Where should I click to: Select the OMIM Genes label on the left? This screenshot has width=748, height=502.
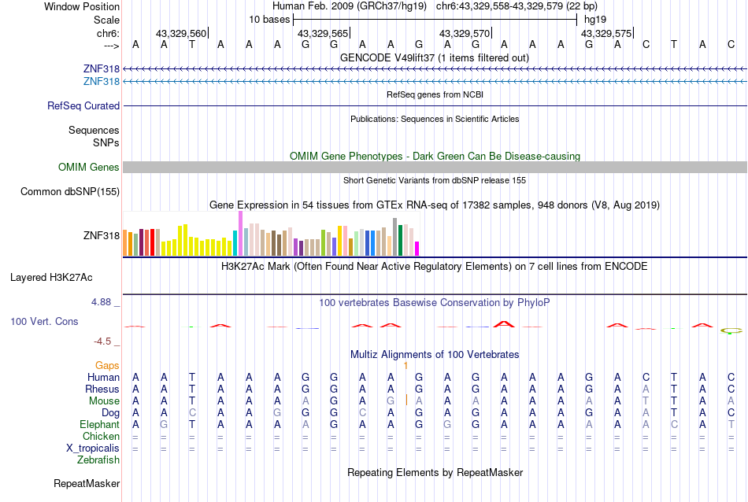[89, 167]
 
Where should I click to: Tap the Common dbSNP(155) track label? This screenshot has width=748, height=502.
[70, 191]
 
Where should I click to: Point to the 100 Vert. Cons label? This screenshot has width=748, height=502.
[44, 322]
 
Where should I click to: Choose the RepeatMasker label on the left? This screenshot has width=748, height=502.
[87, 483]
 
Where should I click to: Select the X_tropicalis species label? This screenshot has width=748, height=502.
[93, 448]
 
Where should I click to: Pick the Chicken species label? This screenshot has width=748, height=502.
[101, 436]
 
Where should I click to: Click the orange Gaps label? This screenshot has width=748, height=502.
[107, 365]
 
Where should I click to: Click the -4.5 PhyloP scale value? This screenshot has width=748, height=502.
[106, 341]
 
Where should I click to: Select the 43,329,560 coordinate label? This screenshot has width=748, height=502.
[181, 34]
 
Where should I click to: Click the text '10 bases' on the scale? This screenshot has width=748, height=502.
[269, 19]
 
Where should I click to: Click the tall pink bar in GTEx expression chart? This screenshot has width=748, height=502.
[239, 233]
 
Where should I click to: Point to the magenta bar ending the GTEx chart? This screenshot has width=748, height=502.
[417, 248]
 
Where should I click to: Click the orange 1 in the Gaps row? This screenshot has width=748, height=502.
[405, 365]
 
